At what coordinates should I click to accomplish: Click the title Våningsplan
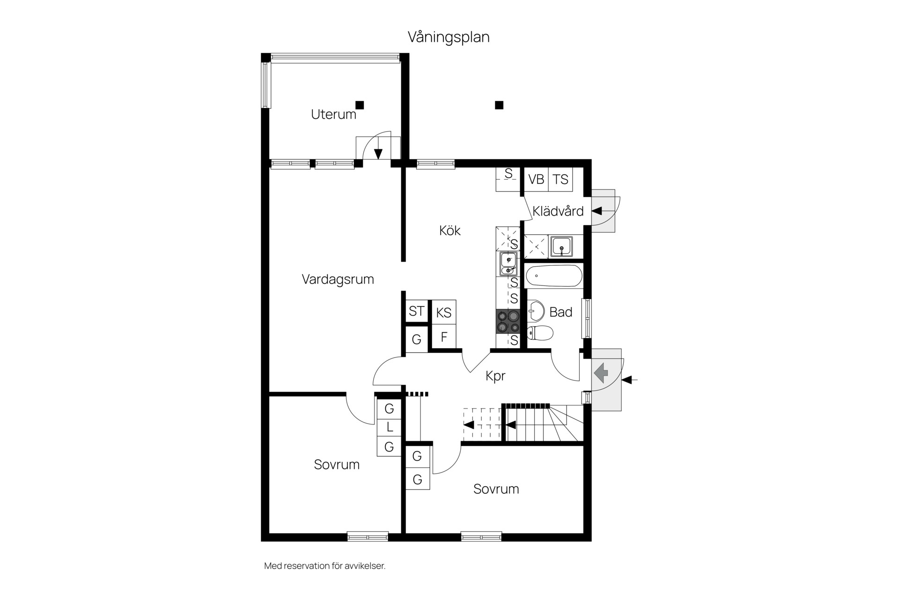pyautogui.click(x=449, y=37)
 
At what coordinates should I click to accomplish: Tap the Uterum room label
pyautogui.click(x=333, y=115)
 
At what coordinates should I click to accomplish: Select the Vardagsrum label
pyautogui.click(x=338, y=279)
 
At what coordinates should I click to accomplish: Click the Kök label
pyautogui.click(x=449, y=230)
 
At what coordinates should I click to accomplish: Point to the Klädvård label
pyautogui.click(x=558, y=211)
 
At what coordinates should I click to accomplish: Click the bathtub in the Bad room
pyautogui.click(x=554, y=276)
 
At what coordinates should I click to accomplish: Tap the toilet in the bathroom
pyautogui.click(x=540, y=333)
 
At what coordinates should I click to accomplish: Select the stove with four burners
pyautogui.click(x=508, y=321)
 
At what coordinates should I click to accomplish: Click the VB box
pyautogui.click(x=536, y=180)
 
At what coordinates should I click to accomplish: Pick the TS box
pyautogui.click(x=560, y=180)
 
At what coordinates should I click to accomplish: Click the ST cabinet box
pyautogui.click(x=416, y=311)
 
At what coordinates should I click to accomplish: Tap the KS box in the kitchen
pyautogui.click(x=443, y=313)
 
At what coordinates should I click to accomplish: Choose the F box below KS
pyautogui.click(x=444, y=337)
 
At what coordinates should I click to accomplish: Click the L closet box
pyautogui.click(x=389, y=428)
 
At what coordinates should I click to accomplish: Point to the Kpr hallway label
pyautogui.click(x=495, y=376)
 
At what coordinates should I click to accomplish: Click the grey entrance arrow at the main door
pyautogui.click(x=601, y=373)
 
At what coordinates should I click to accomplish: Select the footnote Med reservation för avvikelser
pyautogui.click(x=325, y=566)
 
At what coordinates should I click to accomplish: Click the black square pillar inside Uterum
pyautogui.click(x=360, y=105)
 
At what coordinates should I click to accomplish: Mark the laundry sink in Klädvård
pyautogui.click(x=561, y=246)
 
